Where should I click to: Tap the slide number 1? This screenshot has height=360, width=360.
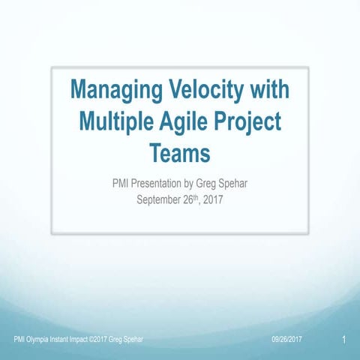342,341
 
